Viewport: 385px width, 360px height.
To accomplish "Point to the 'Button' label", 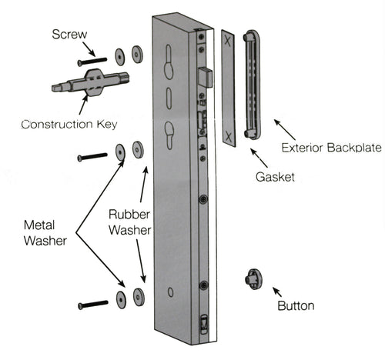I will pyautogui.click(x=295, y=305).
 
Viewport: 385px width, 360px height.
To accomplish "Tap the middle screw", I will pyautogui.click(x=93, y=158).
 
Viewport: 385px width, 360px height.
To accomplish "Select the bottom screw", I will pyautogui.click(x=93, y=305).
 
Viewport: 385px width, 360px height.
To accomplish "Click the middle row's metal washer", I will pyautogui.click(x=121, y=151).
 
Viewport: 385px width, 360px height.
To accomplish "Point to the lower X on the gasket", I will pyautogui.click(x=228, y=138).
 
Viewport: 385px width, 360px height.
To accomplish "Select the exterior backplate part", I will pyautogui.click(x=253, y=85).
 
